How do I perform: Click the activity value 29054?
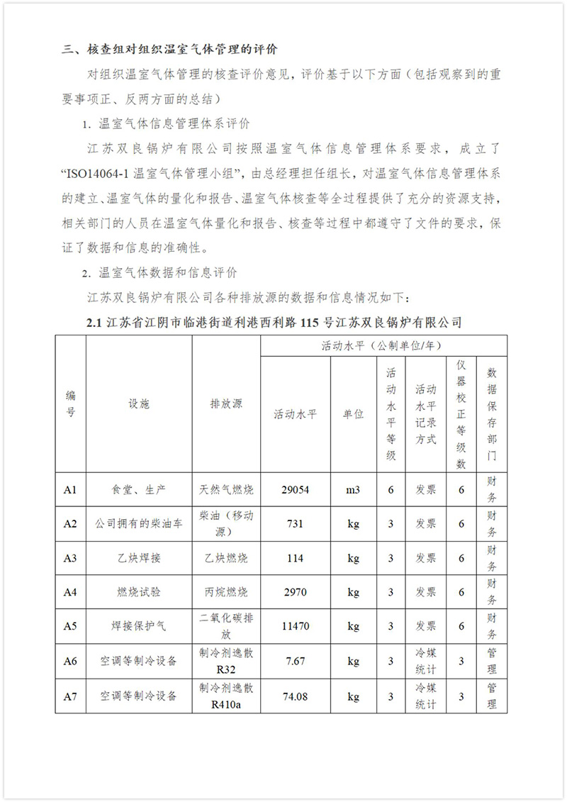point(295,490)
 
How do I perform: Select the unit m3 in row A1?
point(353,490)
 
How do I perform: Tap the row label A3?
point(70,558)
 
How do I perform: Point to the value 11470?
point(295,627)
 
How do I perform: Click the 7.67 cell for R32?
point(295,661)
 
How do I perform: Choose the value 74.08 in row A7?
point(295,696)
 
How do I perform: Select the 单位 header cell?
point(353,414)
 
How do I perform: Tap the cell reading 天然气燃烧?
point(226,490)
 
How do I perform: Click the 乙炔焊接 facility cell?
point(139,558)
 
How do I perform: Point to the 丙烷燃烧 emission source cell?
point(226,592)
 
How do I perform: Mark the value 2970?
point(295,592)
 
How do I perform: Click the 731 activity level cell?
point(295,524)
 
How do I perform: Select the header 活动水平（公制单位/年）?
point(383,346)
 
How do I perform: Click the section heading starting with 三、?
point(169,50)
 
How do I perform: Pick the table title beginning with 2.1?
point(274,323)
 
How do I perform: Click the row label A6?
point(70,661)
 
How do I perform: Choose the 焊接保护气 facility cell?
point(139,627)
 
